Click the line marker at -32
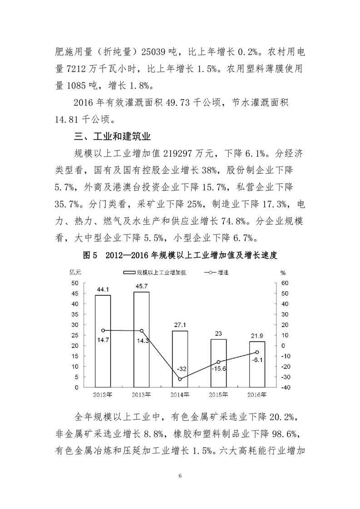click(180, 379)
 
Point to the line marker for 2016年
click(257, 352)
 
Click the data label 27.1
click(180, 326)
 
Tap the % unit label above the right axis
click(283, 273)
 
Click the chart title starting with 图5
click(180, 255)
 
